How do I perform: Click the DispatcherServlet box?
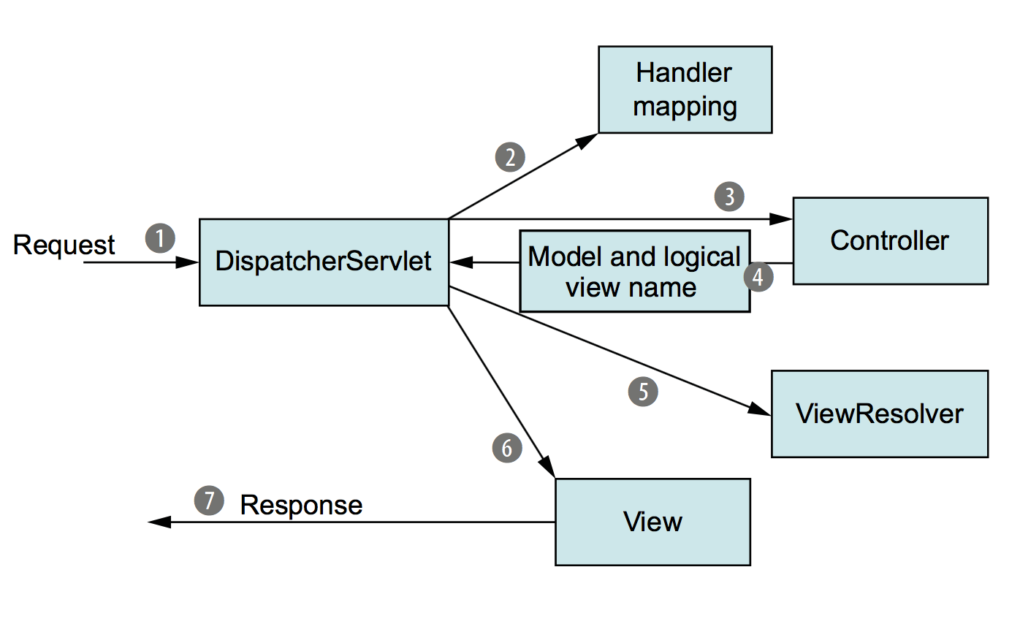coord(324,262)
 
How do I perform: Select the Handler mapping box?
coord(685,90)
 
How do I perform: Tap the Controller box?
coord(890,240)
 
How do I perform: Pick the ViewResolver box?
coord(879,414)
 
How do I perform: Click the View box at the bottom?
coord(652,522)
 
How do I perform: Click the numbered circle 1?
coord(161,238)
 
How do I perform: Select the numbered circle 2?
coord(510,156)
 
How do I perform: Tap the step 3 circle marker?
coord(729,197)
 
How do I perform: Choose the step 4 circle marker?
coord(758,278)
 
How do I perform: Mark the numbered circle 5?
coord(643,392)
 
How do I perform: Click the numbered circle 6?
coord(508,448)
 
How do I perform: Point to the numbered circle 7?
coord(209,501)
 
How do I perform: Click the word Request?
coord(64,245)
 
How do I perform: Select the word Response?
coord(301,505)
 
